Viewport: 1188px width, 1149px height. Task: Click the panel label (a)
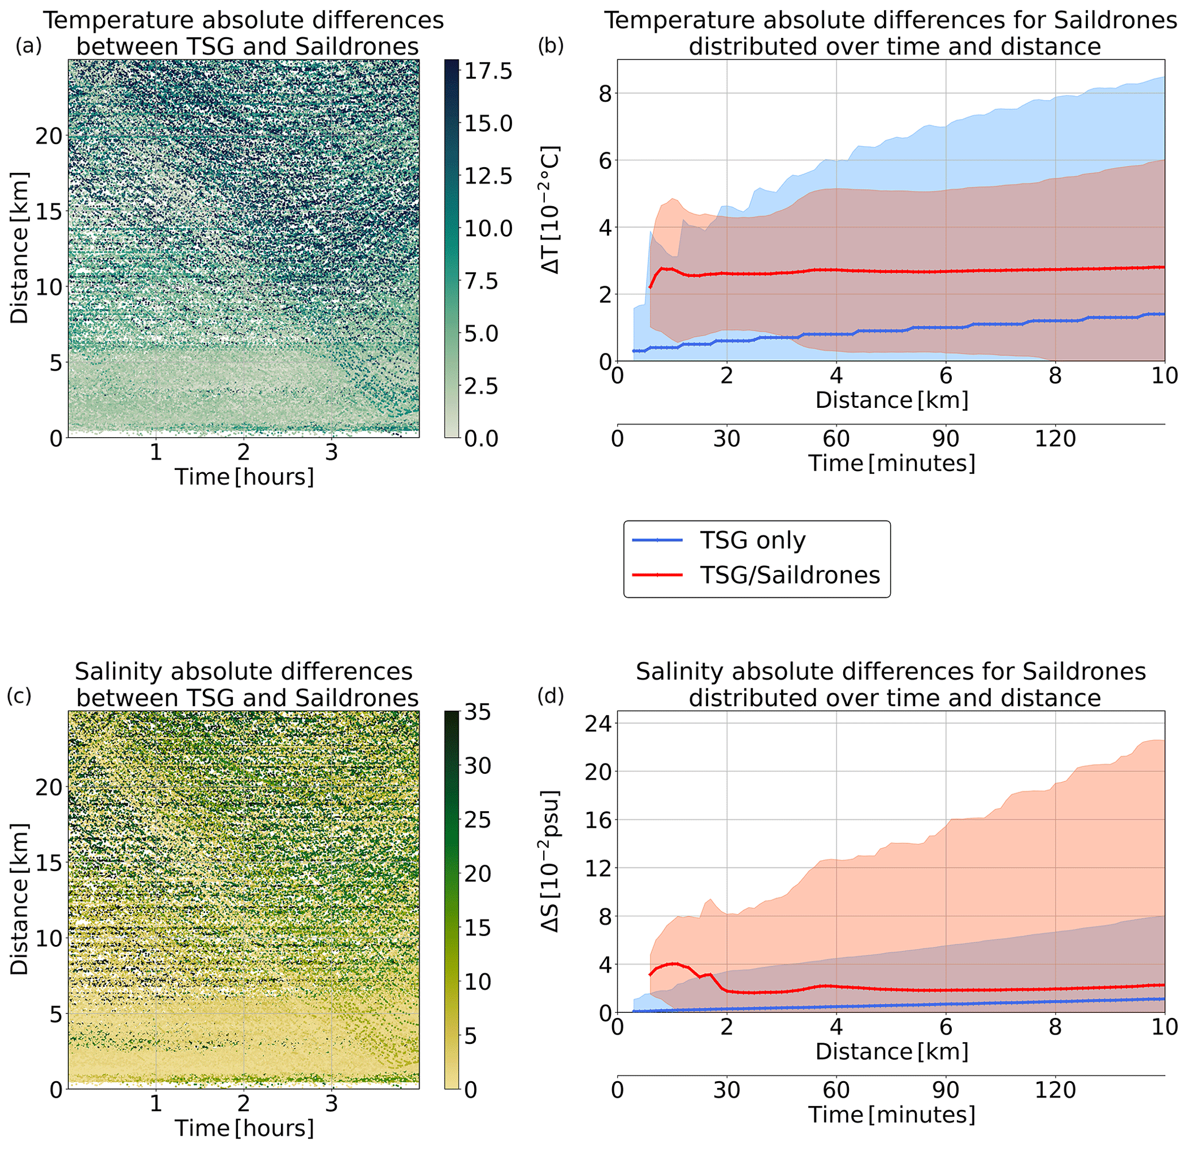(x=28, y=47)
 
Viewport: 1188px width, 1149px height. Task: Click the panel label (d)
(x=551, y=697)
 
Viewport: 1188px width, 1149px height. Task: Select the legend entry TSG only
(x=752, y=540)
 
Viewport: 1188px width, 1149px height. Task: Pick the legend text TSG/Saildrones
(x=789, y=574)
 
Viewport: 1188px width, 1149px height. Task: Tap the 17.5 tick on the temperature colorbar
(x=488, y=71)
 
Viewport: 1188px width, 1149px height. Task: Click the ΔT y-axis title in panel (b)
(x=551, y=210)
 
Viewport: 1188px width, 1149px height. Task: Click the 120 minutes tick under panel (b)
(x=1055, y=438)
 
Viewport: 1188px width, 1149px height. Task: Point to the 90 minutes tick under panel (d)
(x=945, y=1090)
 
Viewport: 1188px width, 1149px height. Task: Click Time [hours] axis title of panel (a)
(x=244, y=477)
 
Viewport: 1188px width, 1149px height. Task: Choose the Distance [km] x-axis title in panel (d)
(x=891, y=1051)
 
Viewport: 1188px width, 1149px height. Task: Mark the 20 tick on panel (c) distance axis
(x=49, y=787)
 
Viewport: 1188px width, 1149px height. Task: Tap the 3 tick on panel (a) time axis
(x=331, y=452)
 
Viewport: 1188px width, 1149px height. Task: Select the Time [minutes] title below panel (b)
(x=891, y=463)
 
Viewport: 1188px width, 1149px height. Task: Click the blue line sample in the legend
(x=658, y=540)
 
